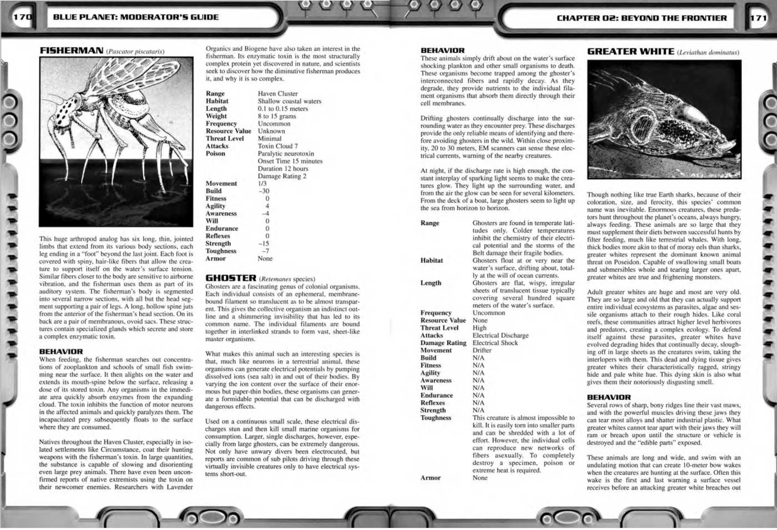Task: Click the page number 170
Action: (x=22, y=17)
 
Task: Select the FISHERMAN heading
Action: (x=71, y=51)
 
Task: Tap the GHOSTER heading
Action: (x=231, y=278)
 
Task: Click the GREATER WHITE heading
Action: (x=630, y=52)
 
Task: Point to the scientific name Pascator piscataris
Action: (x=135, y=52)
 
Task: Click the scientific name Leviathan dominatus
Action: (x=708, y=53)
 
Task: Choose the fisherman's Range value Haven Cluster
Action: (x=277, y=94)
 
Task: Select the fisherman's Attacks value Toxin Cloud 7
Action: (x=277, y=146)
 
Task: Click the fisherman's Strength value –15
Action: (x=264, y=244)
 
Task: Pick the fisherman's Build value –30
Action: (x=264, y=191)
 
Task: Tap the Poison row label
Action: (x=215, y=154)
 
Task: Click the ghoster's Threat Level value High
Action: (x=480, y=328)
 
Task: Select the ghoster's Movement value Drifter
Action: (x=482, y=350)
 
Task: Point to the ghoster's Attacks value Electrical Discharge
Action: (x=500, y=335)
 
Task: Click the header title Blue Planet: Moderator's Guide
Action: (x=135, y=17)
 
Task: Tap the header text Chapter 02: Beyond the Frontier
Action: (x=641, y=18)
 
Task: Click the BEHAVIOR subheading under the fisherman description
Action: (x=60, y=351)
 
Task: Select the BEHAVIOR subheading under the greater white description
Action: (x=609, y=397)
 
